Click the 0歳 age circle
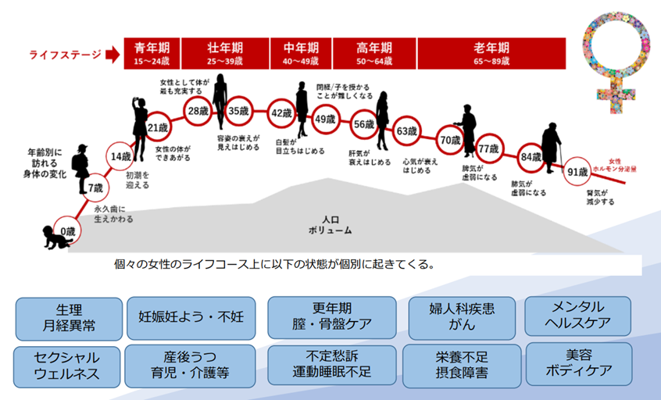pyautogui.click(x=69, y=232)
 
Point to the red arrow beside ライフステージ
pyautogui.click(x=112, y=55)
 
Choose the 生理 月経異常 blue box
pyautogui.click(x=69, y=317)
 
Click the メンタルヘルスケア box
pyautogui.click(x=578, y=314)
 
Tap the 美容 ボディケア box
pyautogui.click(x=578, y=362)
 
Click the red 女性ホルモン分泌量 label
pyautogui.click(x=613, y=164)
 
